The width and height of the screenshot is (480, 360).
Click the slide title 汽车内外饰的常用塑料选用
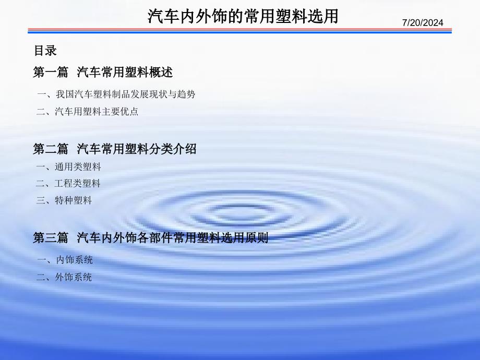243,16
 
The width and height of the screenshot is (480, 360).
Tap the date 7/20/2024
423,22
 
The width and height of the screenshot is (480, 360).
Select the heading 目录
45,51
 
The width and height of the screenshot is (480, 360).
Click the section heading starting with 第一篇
103,72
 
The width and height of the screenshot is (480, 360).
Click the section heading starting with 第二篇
115,149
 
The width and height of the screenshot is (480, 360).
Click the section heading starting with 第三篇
151,237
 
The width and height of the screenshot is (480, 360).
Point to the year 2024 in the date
433,22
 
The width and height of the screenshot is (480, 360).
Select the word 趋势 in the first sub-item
186,94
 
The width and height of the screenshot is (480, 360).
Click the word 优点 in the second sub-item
129,112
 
